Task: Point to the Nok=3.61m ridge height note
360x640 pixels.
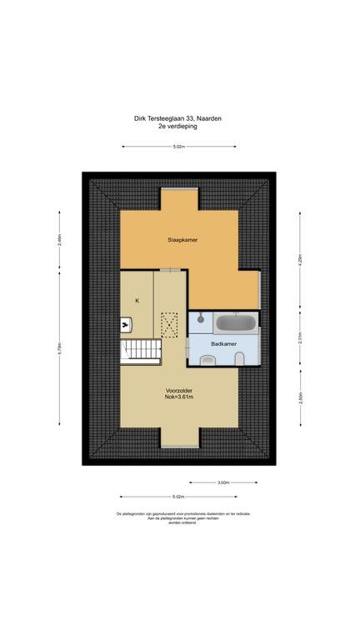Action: point(179,397)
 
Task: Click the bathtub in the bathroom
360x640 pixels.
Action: point(236,322)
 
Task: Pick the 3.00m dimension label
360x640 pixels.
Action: point(222,482)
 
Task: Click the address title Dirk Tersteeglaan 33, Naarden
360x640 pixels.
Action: point(179,119)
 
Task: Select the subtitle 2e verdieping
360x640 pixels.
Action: point(179,127)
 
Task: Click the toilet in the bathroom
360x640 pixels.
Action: point(240,358)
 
